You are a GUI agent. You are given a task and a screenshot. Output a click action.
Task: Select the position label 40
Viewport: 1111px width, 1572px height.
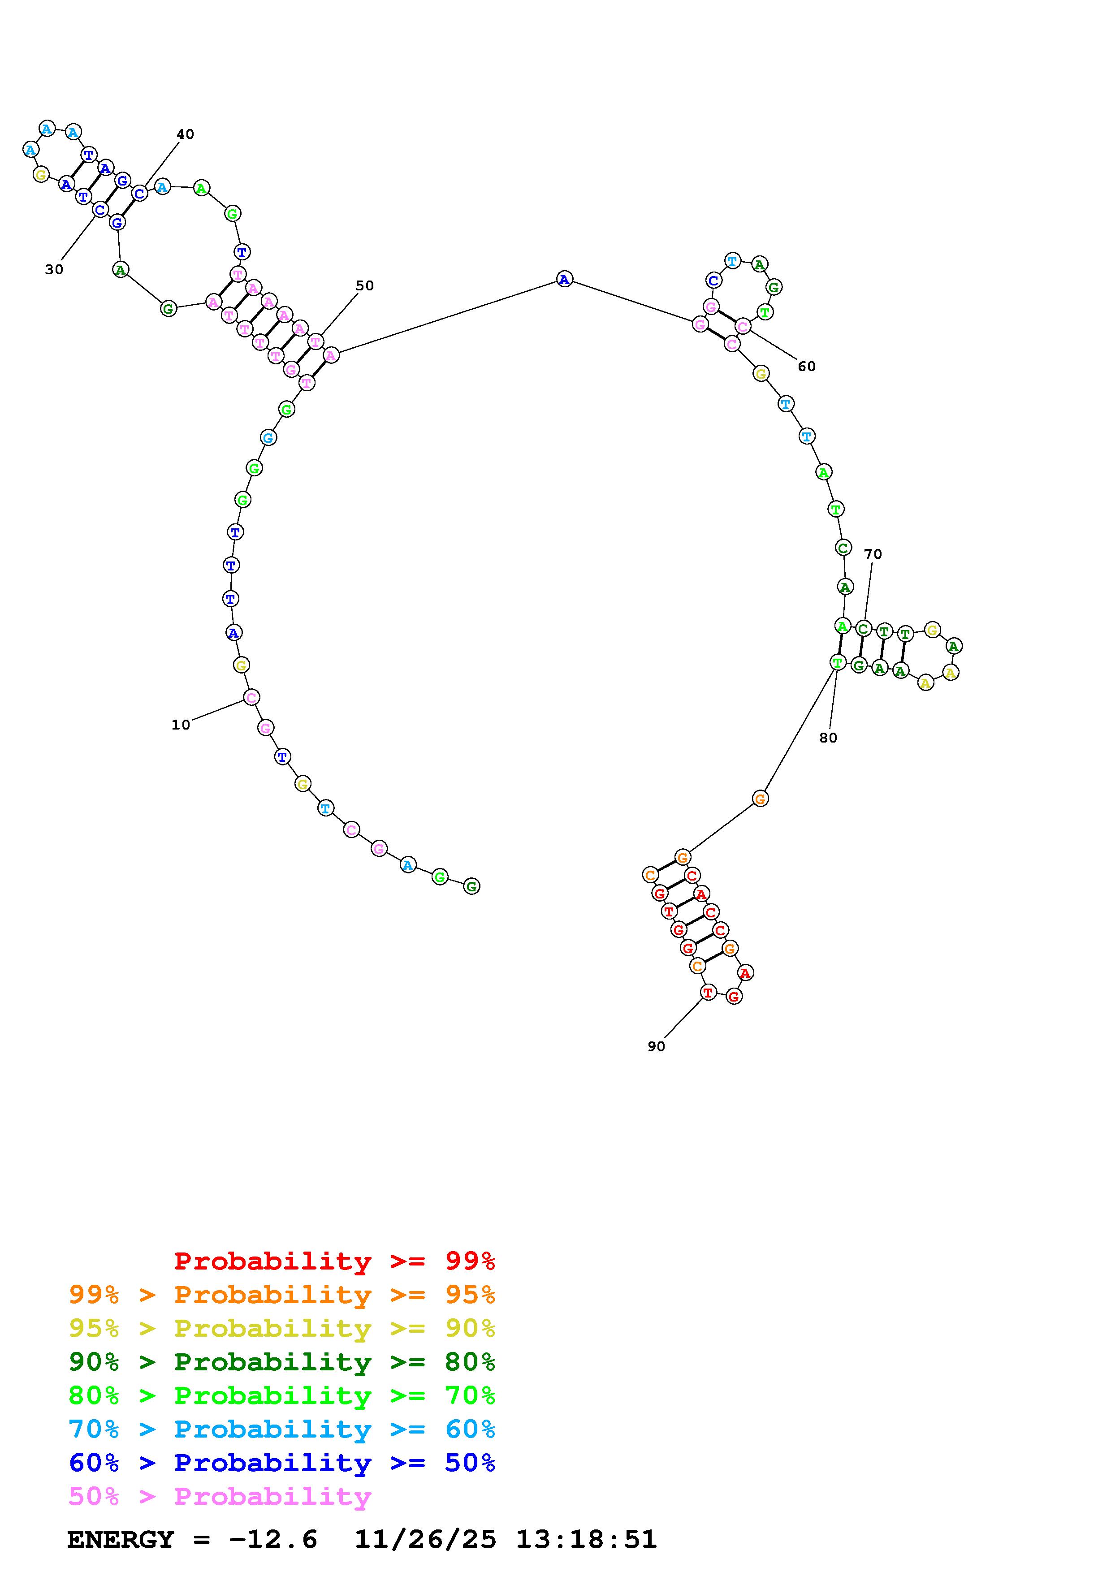coord(186,134)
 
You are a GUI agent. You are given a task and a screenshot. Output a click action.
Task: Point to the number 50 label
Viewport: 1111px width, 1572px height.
coord(365,285)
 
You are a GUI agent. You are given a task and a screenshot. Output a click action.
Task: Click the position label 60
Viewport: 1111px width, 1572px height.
coord(807,366)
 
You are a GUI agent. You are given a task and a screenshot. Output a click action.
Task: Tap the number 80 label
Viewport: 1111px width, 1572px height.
coord(828,738)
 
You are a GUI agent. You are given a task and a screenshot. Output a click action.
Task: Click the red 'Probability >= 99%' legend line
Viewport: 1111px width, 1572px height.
coord(335,1261)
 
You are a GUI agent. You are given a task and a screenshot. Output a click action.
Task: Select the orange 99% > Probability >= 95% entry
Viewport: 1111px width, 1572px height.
coord(282,1295)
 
